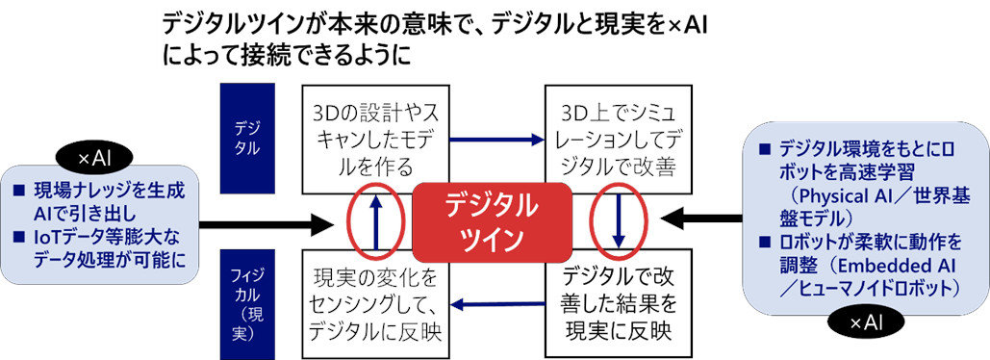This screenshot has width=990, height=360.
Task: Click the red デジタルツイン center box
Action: tap(492, 221)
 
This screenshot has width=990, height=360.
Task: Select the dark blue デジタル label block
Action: tap(247, 137)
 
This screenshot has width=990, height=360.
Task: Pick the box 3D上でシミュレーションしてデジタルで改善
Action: tap(615, 138)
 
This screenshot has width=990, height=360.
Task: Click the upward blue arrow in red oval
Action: tap(375, 221)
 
